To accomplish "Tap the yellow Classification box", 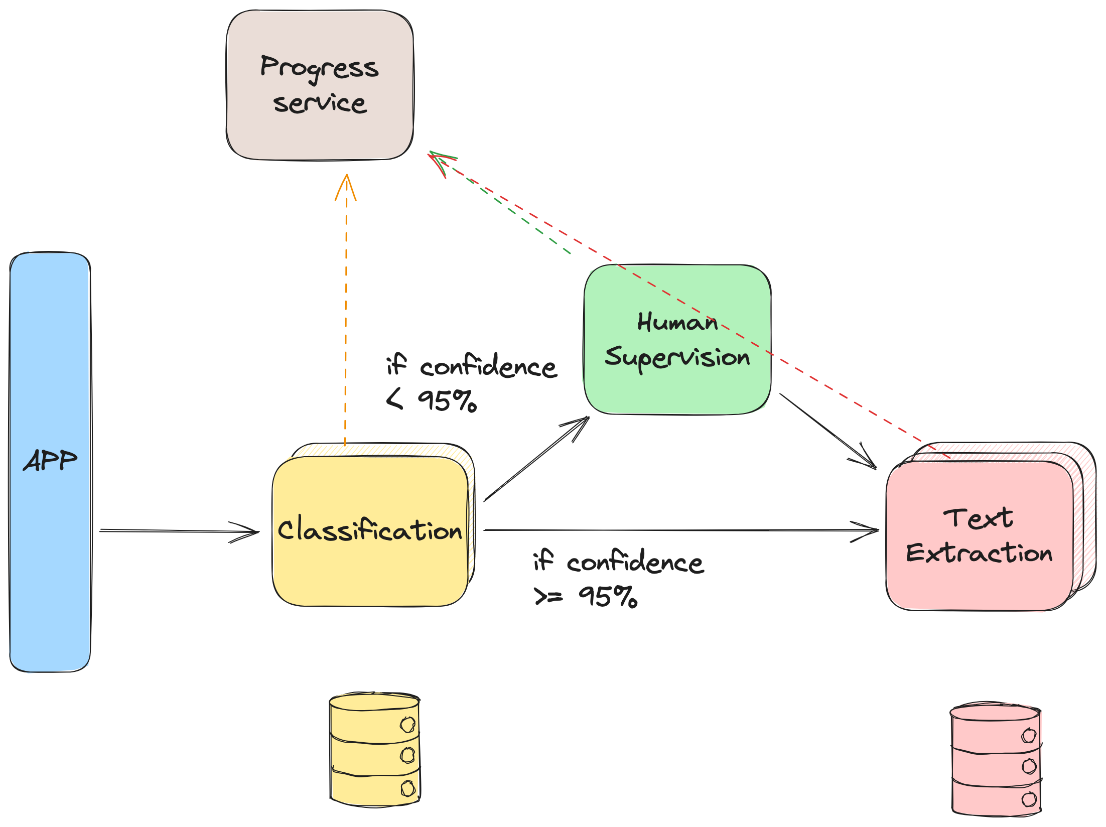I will [370, 572].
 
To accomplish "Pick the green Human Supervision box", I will [677, 391].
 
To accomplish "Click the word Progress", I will [319, 68].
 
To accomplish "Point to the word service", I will [320, 103].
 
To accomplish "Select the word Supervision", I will [677, 357].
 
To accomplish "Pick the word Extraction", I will [979, 553].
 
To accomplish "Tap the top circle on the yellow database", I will [407, 725].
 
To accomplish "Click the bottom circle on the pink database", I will [1029, 799].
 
